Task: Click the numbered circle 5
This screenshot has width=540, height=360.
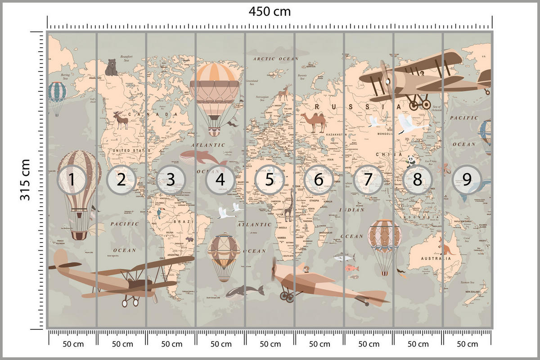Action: pyautogui.click(x=269, y=180)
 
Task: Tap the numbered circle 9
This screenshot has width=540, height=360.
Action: pyautogui.click(x=467, y=180)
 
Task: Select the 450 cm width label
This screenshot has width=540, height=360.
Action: pyautogui.click(x=270, y=11)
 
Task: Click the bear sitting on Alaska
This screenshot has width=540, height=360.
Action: pyautogui.click(x=111, y=67)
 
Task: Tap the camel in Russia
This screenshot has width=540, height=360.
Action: pyautogui.click(x=313, y=122)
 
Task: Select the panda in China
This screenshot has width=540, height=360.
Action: pyautogui.click(x=411, y=161)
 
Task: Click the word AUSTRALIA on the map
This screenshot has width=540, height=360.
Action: pyautogui.click(x=436, y=259)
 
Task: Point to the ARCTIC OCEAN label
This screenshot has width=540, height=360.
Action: pyautogui.click(x=275, y=59)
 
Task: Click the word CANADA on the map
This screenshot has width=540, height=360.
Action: pyautogui.click(x=148, y=115)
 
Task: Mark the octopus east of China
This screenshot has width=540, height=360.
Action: pyautogui.click(x=444, y=169)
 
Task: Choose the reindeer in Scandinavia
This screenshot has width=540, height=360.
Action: pyautogui.click(x=284, y=93)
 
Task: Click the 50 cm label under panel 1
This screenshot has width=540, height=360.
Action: pyautogui.click(x=72, y=344)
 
